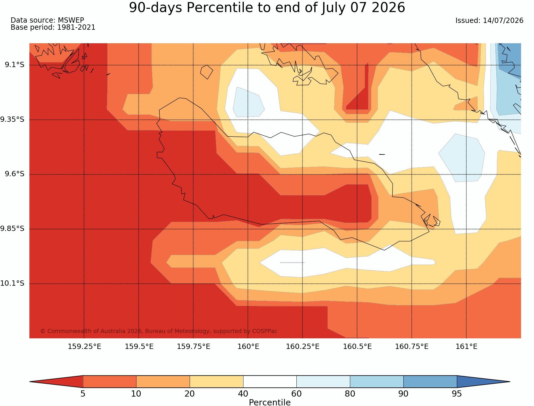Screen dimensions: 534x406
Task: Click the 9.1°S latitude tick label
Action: (14, 65)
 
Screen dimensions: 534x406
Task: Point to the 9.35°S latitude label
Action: (12, 119)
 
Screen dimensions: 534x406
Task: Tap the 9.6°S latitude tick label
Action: (14, 174)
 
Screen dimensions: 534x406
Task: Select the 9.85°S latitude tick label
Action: (12, 229)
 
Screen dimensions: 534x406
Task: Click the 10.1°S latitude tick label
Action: (12, 283)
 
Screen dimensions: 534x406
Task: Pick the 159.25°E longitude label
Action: (84, 347)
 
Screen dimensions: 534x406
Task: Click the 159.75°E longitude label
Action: (193, 347)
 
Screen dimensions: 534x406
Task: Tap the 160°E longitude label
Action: (248, 347)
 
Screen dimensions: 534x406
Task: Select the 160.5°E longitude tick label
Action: (357, 347)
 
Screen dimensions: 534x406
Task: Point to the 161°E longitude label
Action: (466, 347)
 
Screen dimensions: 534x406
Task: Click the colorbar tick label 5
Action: (83, 394)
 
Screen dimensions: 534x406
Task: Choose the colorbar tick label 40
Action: (243, 394)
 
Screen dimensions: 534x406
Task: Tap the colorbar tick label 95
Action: (457, 394)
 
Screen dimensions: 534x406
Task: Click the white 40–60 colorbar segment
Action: (270, 382)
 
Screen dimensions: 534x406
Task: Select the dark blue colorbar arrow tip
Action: (510, 382)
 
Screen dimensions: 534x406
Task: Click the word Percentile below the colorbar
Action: (270, 402)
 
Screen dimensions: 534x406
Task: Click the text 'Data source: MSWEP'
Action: (47, 20)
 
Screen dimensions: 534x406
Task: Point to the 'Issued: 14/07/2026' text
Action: (489, 21)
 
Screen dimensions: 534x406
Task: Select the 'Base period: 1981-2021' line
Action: (53, 27)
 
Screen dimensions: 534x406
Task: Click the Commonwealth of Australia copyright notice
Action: (159, 331)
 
